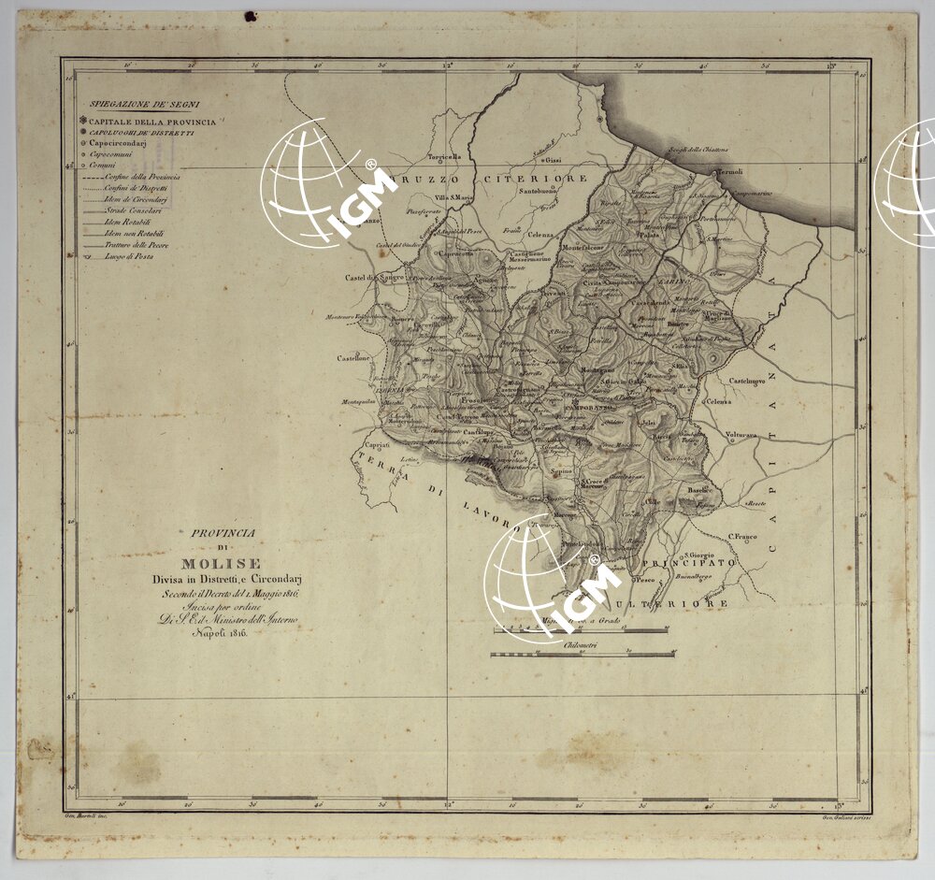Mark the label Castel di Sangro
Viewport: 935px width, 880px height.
tap(372, 278)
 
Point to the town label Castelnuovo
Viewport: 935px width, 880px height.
tap(748, 381)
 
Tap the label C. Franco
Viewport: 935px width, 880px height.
tap(742, 537)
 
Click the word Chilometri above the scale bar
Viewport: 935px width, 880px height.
tap(581, 645)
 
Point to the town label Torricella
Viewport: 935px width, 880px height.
tap(445, 156)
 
